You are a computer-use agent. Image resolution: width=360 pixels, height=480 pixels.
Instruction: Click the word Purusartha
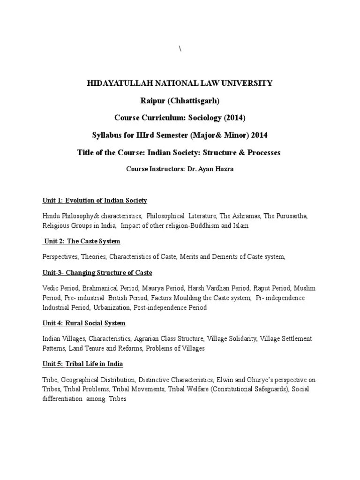pos(291,216)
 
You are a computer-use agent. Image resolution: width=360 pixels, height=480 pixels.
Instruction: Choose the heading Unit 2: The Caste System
pos(82,241)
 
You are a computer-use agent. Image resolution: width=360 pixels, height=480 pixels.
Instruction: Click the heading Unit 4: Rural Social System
pos(84,323)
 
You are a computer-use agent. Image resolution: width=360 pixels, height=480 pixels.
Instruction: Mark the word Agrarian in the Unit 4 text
pos(141,338)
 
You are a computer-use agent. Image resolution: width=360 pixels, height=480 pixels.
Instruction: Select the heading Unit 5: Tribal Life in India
pos(83,364)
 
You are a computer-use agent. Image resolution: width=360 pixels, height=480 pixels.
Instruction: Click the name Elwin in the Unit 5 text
pos(227,380)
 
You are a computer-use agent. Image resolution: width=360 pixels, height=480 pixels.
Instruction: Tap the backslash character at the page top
pos(180,50)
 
